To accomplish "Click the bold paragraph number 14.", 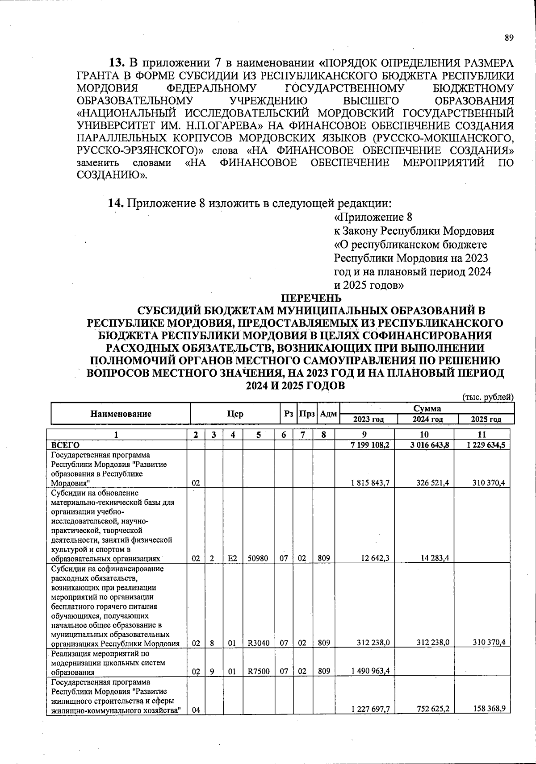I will coord(116,203).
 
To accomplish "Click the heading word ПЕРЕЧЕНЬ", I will coord(311,298).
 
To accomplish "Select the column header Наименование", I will coord(121,414).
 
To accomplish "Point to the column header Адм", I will coord(328,414).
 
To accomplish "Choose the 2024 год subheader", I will coord(427,419).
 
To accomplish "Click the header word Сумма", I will coord(427,408).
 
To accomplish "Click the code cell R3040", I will coord(259,643).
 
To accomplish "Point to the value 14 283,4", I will coord(433,558).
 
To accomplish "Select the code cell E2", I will coord(232,558).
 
